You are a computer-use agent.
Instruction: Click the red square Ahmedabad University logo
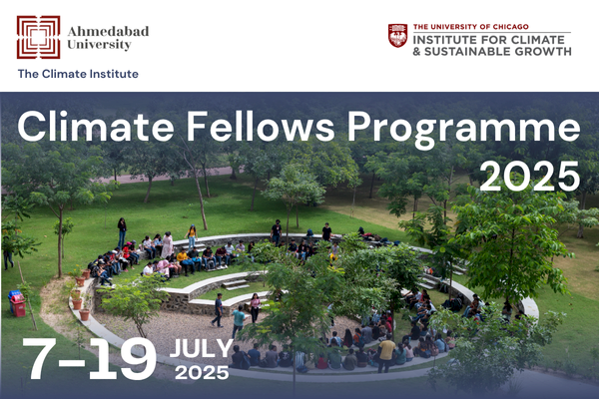tap(38, 37)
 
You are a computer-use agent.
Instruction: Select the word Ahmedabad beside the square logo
tap(108, 31)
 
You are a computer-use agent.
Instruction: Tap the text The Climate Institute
tap(78, 74)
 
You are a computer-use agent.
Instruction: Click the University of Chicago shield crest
tap(397, 35)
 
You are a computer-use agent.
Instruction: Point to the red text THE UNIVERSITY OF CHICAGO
tap(470, 27)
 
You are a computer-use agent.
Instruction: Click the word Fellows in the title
tap(261, 127)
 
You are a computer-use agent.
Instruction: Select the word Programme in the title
tap(464, 130)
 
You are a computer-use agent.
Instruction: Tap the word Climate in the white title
tap(96, 127)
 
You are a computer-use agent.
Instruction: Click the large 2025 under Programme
tap(530, 176)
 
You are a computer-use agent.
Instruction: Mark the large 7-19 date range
tap(90, 359)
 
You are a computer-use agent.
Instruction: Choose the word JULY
tap(202, 348)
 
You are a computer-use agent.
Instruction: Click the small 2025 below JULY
tap(202, 372)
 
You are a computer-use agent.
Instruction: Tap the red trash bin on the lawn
tap(18, 306)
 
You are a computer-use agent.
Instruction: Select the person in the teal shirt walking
tap(238, 321)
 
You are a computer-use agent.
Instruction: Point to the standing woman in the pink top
tap(255, 308)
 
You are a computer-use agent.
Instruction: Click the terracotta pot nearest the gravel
tap(85, 314)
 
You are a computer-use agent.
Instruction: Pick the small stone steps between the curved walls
tap(235, 284)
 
